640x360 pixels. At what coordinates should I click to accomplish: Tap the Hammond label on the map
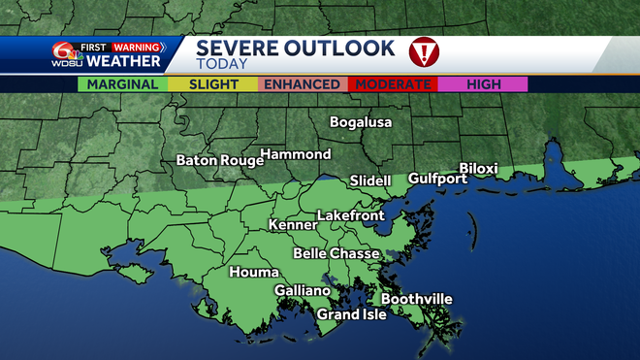(297, 154)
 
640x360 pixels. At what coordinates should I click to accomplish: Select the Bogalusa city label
(362, 122)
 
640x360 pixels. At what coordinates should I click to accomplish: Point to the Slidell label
(369, 180)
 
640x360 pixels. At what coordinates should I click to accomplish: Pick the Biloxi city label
(478, 169)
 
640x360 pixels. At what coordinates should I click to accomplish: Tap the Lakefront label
(351, 215)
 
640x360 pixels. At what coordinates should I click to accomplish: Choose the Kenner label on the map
(293, 225)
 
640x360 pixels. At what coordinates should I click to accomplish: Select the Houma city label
(254, 273)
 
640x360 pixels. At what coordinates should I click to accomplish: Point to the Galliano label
(303, 291)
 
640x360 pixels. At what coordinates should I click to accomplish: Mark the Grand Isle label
(352, 314)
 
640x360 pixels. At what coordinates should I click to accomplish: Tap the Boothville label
(417, 299)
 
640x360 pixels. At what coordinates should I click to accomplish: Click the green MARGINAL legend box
(123, 84)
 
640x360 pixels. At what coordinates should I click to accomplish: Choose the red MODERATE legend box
(394, 84)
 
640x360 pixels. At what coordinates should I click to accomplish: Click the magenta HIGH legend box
(484, 84)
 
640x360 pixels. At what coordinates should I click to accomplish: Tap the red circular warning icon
(422, 51)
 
